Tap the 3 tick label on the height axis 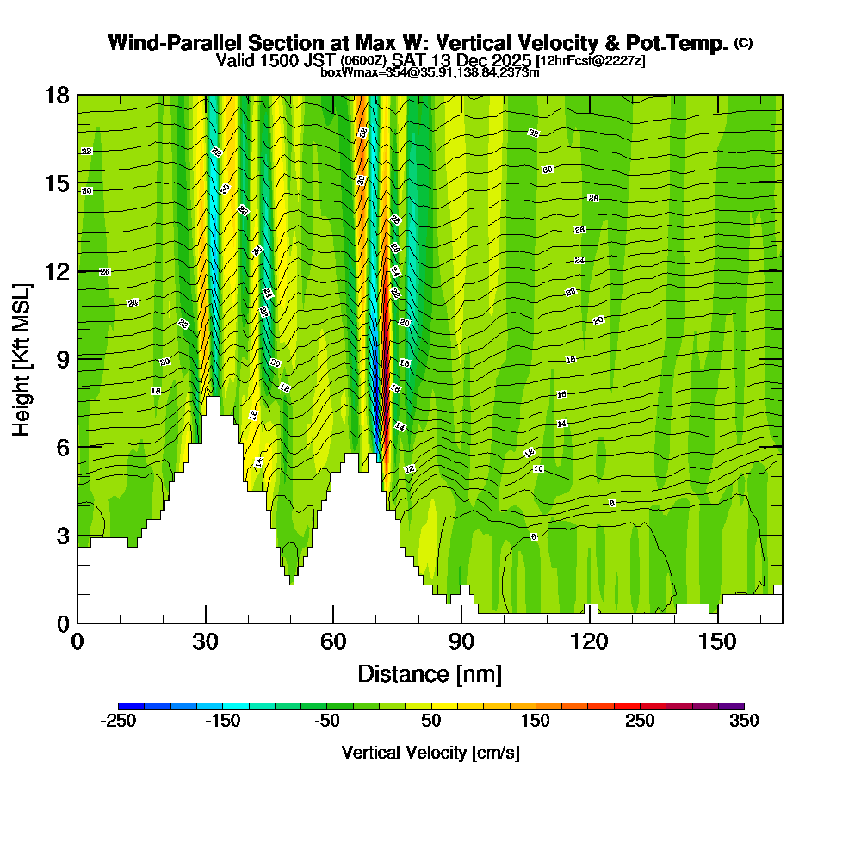(x=62, y=535)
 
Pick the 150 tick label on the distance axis (x=718, y=641)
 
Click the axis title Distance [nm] (x=430, y=673)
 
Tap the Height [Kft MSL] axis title (x=22, y=358)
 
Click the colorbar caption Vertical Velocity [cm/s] (x=430, y=753)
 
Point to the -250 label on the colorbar (x=118, y=722)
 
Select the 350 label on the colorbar (x=744, y=722)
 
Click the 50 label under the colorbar (x=430, y=722)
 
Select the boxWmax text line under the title (x=430, y=72)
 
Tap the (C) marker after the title (x=743, y=42)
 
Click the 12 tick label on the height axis (x=57, y=270)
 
